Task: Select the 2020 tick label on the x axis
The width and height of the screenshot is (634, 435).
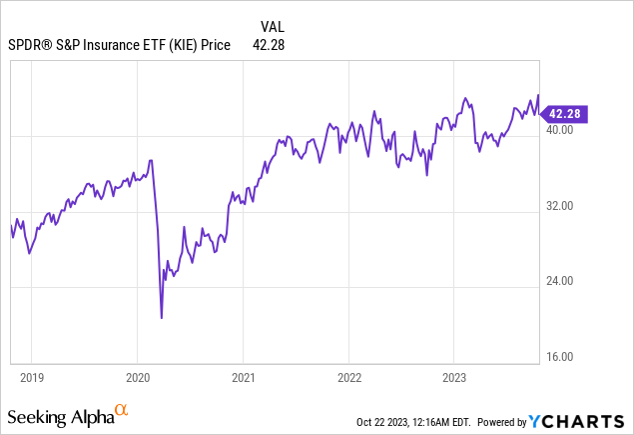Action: tap(137, 379)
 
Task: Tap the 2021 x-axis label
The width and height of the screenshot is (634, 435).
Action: tap(243, 379)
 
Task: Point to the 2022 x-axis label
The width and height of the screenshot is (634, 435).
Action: tap(347, 379)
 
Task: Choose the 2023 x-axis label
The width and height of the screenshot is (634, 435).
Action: tap(453, 379)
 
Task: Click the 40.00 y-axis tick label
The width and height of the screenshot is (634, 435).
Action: tap(560, 130)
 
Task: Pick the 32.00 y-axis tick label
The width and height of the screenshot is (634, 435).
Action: tap(560, 206)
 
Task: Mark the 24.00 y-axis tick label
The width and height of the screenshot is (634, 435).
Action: tap(560, 281)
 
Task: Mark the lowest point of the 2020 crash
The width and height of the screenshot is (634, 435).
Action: tap(161, 318)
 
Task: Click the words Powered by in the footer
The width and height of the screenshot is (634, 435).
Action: tap(507, 420)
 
